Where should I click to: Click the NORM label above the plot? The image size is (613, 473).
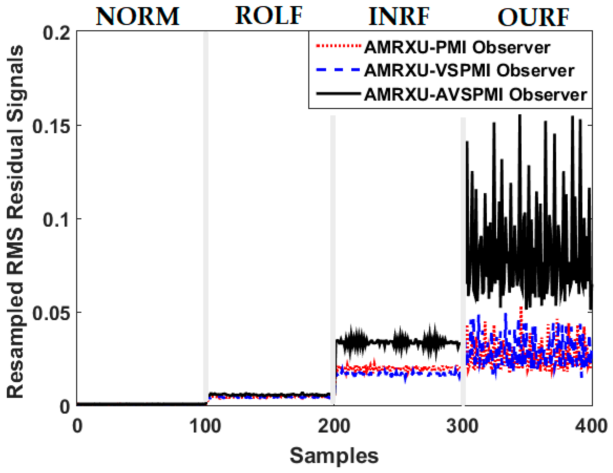tap(137, 17)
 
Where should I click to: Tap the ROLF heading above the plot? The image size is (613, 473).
tap(268, 16)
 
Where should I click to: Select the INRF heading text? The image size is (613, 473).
tap(399, 17)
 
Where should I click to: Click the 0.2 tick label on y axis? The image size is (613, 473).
tap(56, 34)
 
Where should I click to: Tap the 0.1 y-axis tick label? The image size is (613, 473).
tap(56, 220)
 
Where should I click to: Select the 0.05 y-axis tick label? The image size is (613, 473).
tap(51, 313)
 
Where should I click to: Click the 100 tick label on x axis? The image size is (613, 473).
tap(205, 426)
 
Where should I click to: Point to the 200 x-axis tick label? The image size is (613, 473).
tap(334, 426)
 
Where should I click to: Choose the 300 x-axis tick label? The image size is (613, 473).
tap(462, 426)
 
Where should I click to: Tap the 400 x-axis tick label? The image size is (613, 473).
tap(591, 426)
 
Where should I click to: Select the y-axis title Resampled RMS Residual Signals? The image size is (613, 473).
tap(15, 222)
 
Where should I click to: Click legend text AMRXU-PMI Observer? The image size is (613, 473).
tap(457, 48)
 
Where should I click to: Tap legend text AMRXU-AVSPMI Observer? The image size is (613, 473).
tap(476, 94)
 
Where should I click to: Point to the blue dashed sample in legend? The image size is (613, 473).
tap(338, 69)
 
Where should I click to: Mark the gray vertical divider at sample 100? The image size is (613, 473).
tap(206, 219)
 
